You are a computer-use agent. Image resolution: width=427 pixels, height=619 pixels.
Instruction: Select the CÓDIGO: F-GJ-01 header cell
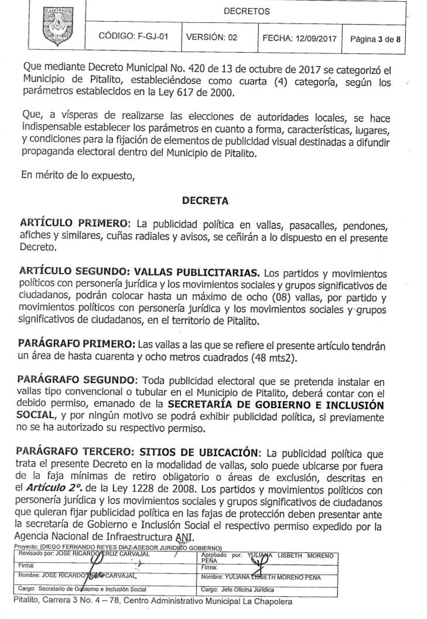point(134,36)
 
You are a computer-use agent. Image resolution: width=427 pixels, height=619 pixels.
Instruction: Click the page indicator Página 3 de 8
point(375,39)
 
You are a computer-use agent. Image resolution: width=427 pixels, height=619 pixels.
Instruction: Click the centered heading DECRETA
point(205,201)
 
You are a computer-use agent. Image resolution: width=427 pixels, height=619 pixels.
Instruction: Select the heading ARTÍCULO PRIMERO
point(75,224)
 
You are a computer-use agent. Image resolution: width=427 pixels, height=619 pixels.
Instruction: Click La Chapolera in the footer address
point(264,602)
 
